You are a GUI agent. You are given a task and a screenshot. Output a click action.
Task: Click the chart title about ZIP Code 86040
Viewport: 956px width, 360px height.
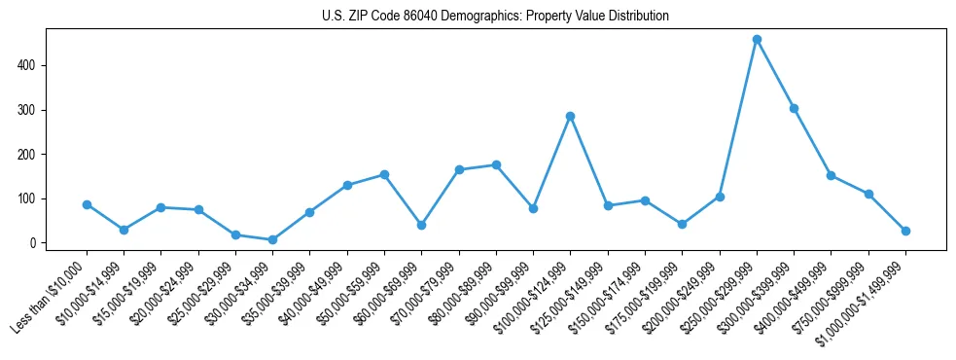pos(495,17)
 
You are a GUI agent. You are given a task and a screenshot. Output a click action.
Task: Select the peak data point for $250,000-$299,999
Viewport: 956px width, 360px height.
pos(757,40)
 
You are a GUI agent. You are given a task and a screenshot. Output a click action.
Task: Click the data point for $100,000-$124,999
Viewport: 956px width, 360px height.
pos(570,116)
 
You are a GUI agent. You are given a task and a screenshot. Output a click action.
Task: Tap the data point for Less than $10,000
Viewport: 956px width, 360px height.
pos(87,204)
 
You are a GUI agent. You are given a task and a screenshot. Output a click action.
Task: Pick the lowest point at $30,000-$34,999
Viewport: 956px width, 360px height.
pos(272,239)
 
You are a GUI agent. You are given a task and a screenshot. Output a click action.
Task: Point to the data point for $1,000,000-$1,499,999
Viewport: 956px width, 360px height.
pos(905,231)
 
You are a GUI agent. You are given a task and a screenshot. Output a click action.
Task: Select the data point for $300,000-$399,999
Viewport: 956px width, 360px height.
pos(794,108)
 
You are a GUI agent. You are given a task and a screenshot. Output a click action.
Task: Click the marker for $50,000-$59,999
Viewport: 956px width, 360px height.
pos(384,174)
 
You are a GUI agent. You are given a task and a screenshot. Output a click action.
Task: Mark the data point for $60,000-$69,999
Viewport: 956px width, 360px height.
pos(421,225)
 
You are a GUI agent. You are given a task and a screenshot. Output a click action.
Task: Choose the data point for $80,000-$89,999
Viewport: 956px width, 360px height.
pos(496,164)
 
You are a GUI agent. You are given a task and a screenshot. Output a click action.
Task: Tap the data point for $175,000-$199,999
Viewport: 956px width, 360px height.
pos(682,224)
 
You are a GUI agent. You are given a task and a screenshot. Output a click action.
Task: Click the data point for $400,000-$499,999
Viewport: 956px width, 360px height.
pos(831,175)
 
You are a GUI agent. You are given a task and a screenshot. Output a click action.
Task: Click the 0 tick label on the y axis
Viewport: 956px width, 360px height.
pos(33,242)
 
